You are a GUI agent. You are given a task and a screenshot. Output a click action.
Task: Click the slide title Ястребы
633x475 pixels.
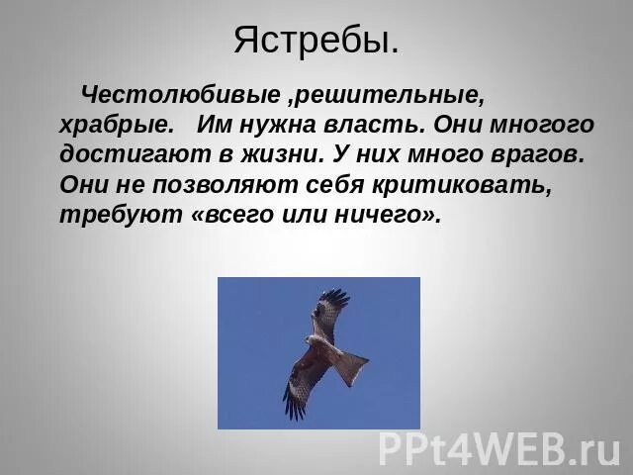coord(316,41)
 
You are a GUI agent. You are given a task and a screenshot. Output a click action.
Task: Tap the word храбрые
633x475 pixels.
coord(117,126)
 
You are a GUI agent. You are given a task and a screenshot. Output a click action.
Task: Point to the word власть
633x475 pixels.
coord(381,126)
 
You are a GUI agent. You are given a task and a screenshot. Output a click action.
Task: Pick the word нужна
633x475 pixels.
coord(281,126)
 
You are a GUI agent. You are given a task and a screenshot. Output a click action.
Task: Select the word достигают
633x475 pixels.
coord(123,155)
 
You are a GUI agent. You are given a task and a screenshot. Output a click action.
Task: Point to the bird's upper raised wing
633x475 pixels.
coord(329,310)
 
